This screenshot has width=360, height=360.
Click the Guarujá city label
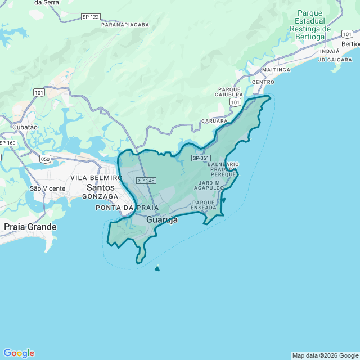[x=162, y=220]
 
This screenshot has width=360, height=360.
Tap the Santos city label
[x=101, y=187]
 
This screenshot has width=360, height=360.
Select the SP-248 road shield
[x=146, y=180]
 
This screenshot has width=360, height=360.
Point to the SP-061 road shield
[x=201, y=158]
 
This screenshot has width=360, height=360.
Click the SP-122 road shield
[x=91, y=17]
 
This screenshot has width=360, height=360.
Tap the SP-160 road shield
[x=8, y=143]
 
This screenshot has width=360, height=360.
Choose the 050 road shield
[x=45, y=159]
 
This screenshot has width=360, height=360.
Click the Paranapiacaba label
[x=125, y=25]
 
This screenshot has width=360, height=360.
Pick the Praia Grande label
[x=30, y=227]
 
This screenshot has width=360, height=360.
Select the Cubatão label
[x=25, y=127]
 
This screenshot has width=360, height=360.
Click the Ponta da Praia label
[x=123, y=208]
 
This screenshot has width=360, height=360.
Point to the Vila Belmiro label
[x=96, y=178]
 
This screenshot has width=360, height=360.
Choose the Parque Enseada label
[x=204, y=205]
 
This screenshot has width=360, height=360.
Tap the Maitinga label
[x=276, y=70]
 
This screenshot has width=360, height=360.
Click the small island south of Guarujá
[x=157, y=268]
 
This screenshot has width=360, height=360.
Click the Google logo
[x=19, y=353]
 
